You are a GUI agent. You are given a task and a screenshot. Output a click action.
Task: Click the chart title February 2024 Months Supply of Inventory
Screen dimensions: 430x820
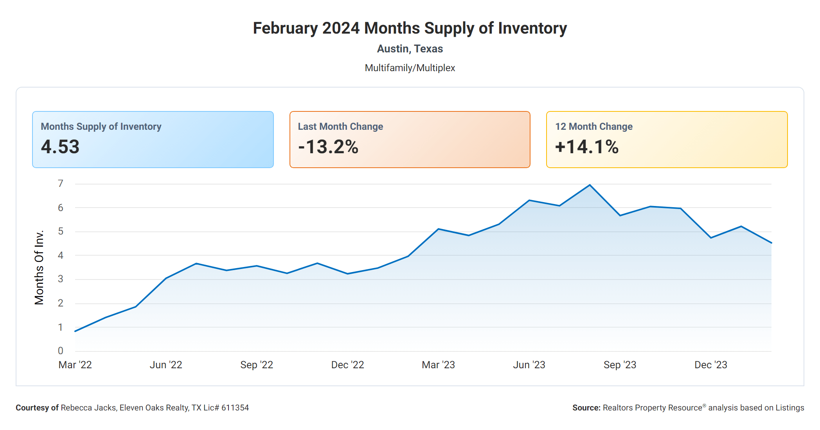coord(410,28)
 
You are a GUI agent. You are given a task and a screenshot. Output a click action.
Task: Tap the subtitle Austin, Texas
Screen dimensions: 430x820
coord(410,49)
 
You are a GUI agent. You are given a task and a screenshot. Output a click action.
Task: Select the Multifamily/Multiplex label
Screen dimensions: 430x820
coord(410,68)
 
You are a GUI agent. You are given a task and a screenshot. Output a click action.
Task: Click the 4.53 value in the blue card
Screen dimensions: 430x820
coord(60,147)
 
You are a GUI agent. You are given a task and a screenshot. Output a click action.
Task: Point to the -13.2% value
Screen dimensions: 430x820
coord(328,147)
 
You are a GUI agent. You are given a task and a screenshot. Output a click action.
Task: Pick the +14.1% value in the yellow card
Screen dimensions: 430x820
coord(586,147)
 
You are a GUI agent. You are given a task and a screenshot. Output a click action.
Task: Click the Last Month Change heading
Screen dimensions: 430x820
coord(340,127)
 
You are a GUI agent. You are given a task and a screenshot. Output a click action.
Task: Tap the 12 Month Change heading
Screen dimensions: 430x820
coord(593,127)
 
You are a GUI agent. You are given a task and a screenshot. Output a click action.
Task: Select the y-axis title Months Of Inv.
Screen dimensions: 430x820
coord(39,267)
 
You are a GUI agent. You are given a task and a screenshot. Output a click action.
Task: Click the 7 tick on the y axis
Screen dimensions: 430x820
coord(60,183)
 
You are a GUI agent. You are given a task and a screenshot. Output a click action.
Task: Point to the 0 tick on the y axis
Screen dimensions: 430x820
coord(60,351)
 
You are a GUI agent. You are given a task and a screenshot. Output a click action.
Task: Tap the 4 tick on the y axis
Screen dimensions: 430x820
coord(60,255)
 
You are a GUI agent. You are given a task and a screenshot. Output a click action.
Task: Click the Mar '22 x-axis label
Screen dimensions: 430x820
coord(75,365)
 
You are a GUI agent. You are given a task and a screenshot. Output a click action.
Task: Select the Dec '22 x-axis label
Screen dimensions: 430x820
coord(347,365)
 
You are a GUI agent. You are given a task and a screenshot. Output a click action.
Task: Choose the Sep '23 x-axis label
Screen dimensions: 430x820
coord(620,365)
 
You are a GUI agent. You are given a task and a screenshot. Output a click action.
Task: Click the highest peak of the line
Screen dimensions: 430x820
coord(590,185)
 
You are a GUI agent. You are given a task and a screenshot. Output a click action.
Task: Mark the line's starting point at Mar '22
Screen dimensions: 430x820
coord(75,331)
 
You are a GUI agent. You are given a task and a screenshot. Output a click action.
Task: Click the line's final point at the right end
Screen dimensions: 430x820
coord(771,243)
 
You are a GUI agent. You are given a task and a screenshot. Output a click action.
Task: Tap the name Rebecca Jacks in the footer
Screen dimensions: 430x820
coord(88,408)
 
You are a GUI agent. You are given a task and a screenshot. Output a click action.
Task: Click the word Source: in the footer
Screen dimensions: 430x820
coord(586,408)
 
